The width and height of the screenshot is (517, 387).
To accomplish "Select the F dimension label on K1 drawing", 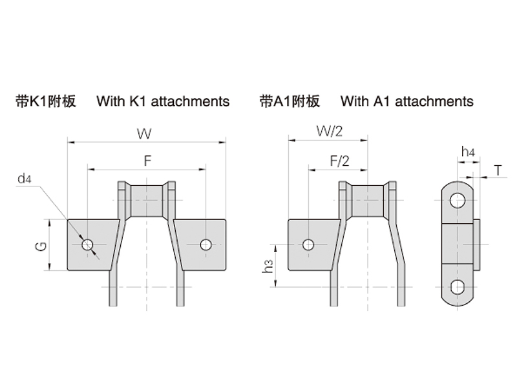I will pos(147,162).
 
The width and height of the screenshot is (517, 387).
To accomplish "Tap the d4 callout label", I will pos(25,179).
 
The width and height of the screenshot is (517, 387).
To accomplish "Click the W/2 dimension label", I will pos(329,132).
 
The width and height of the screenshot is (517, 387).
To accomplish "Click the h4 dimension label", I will pos(468,152).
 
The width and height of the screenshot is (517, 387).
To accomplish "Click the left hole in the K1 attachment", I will pos(88,244).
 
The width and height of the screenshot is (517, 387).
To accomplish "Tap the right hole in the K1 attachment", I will pos(206,244).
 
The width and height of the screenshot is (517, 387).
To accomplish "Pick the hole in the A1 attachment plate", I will pos(308,244).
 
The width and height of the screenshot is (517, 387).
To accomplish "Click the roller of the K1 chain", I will pos(147,201).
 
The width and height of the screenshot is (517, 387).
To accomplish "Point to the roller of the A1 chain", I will pos(368,201).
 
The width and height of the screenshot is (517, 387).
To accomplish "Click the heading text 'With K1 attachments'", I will pos(163,101).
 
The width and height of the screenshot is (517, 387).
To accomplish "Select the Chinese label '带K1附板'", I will pos(46,101).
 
